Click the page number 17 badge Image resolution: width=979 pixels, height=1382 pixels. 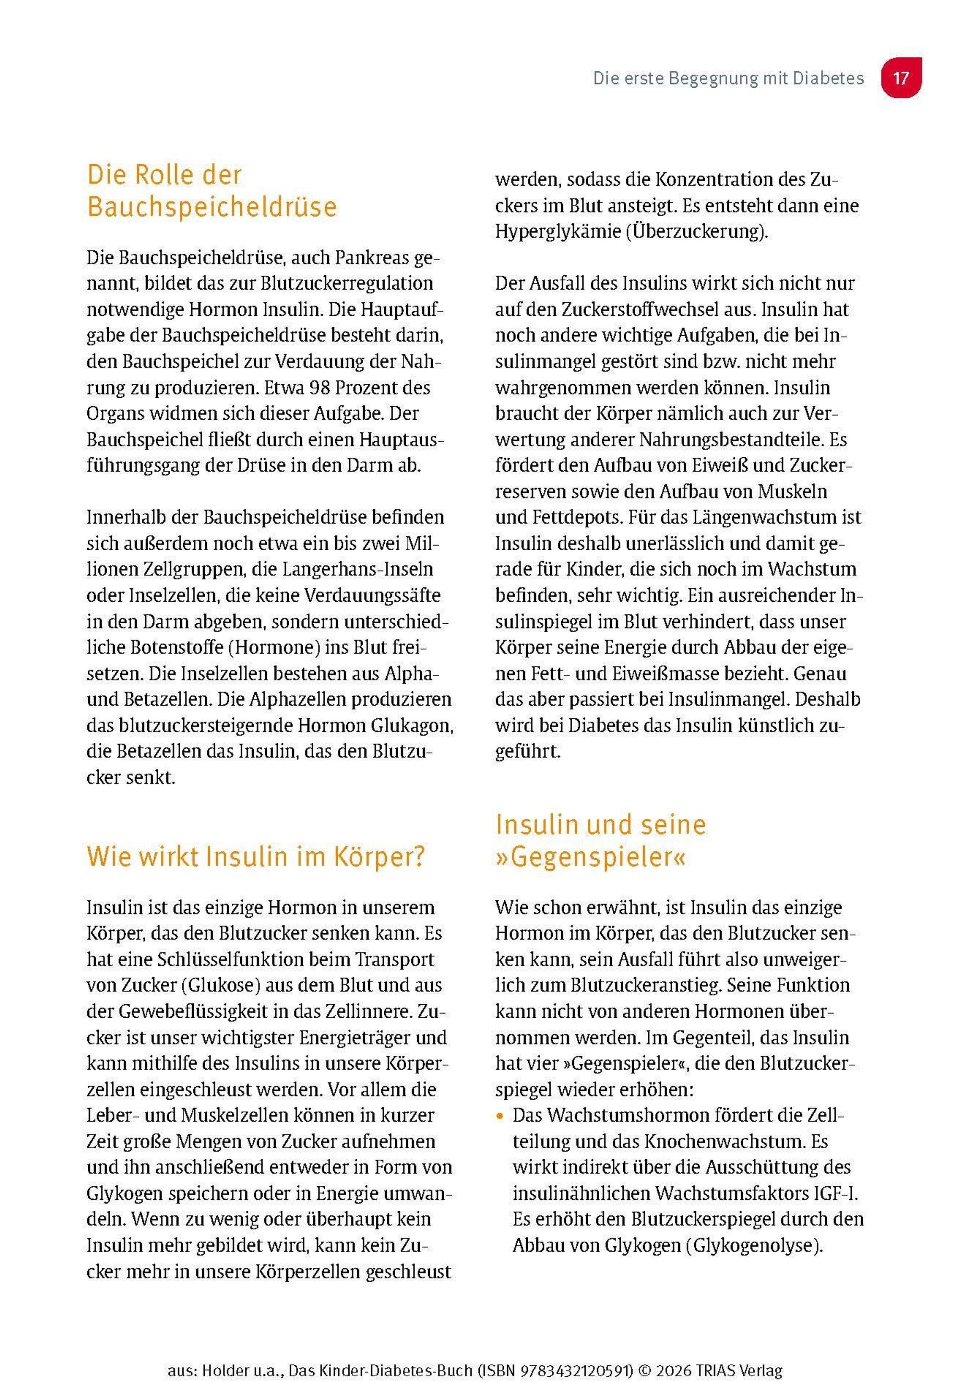(x=901, y=78)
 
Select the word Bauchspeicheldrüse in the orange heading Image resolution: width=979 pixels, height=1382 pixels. (x=212, y=207)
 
